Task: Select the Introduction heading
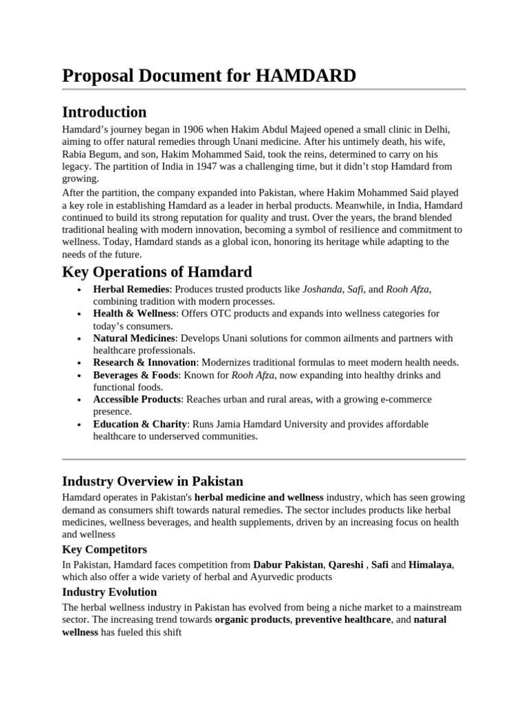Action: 104,112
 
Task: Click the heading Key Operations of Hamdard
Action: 157,271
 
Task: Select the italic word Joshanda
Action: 322,289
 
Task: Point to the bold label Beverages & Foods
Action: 135,376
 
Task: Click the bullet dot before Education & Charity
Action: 81,425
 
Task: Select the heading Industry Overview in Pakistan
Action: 152,481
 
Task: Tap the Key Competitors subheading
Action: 104,549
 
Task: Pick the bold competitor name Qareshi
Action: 346,565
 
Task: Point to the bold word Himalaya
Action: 430,565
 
